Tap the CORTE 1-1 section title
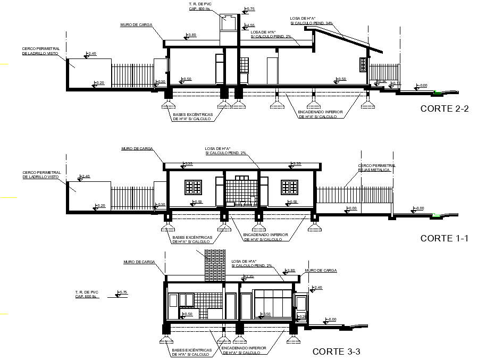(x=444, y=238)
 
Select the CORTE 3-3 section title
(x=336, y=351)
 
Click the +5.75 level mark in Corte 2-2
(x=249, y=9)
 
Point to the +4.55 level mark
(x=248, y=25)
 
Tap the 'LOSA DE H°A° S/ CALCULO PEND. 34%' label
(x=312, y=21)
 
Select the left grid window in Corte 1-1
(x=193, y=187)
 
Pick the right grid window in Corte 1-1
(x=289, y=187)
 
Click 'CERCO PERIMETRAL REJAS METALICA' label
(x=377, y=168)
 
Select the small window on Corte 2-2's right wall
(x=363, y=64)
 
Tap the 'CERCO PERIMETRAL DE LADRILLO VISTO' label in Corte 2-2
(x=40, y=51)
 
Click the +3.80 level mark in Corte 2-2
(x=190, y=35)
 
